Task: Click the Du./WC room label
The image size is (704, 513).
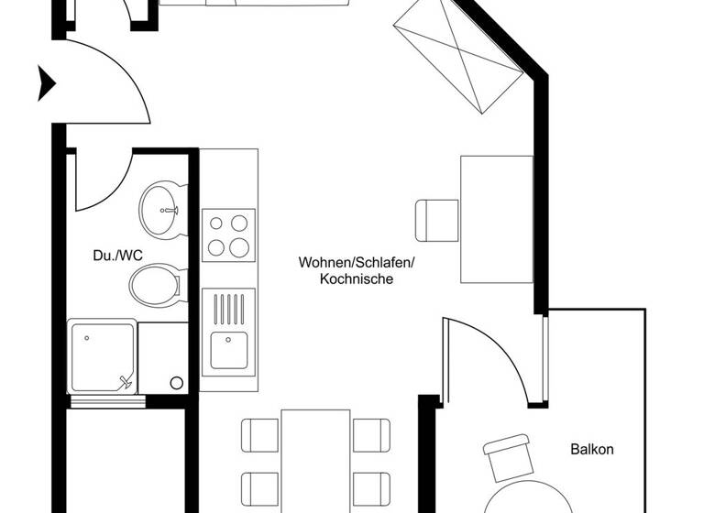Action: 117,256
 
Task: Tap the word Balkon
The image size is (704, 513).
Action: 591,450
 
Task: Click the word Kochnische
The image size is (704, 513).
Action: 357,279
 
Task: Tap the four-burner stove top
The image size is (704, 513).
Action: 229,234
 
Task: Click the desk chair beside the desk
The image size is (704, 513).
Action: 434,220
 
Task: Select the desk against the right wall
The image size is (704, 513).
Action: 496,220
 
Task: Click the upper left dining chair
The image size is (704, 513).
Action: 260,434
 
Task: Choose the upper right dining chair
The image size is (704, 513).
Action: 372,434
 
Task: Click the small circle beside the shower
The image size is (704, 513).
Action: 176,382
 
